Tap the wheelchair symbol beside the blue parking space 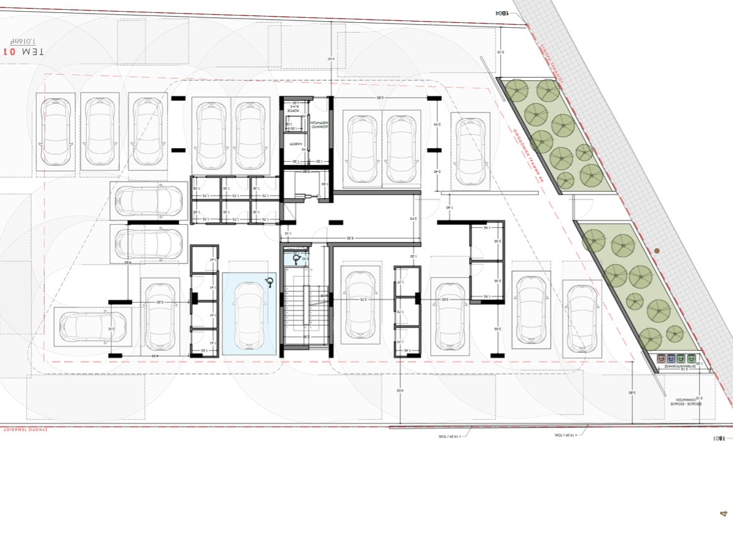click(269, 283)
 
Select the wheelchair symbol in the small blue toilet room click(297, 259)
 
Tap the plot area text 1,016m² click(20, 39)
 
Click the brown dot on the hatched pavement click(657, 251)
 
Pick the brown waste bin click(661, 358)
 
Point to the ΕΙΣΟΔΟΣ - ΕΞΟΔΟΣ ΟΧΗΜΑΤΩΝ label click(685, 401)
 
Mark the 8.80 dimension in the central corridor click(350, 238)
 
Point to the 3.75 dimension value click(363, 299)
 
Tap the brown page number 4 click(724, 513)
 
